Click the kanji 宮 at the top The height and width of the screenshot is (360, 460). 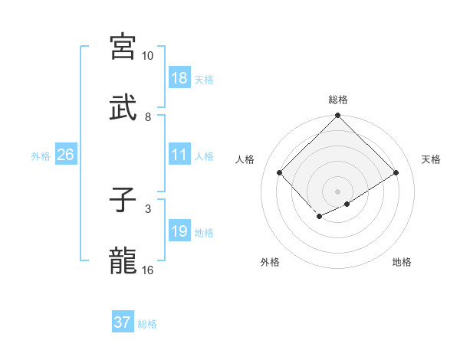pyautogui.click(x=123, y=47)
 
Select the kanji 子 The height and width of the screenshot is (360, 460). pyautogui.click(x=123, y=200)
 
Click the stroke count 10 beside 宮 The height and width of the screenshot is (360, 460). pyautogui.click(x=147, y=56)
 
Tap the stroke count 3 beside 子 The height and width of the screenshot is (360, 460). pyautogui.click(x=148, y=208)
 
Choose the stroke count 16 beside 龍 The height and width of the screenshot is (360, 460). pyautogui.click(x=147, y=269)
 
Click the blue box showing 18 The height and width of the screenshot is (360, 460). pyautogui.click(x=179, y=77)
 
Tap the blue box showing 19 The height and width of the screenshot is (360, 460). pyautogui.click(x=179, y=231)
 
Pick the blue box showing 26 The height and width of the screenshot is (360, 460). pyautogui.click(x=65, y=155)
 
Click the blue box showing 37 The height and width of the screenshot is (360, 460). pyautogui.click(x=123, y=322)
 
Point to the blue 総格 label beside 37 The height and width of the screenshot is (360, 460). pyautogui.click(x=147, y=324)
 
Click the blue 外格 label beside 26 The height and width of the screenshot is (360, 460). pyautogui.click(x=41, y=156)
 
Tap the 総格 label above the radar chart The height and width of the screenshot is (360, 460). pyautogui.click(x=338, y=100)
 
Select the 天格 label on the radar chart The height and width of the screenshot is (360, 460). pyautogui.click(x=431, y=159)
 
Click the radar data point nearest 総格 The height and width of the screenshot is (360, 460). pyautogui.click(x=337, y=116)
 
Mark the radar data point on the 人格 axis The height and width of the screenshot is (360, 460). pyautogui.click(x=280, y=173)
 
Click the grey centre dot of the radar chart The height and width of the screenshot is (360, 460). pyautogui.click(x=337, y=191)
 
